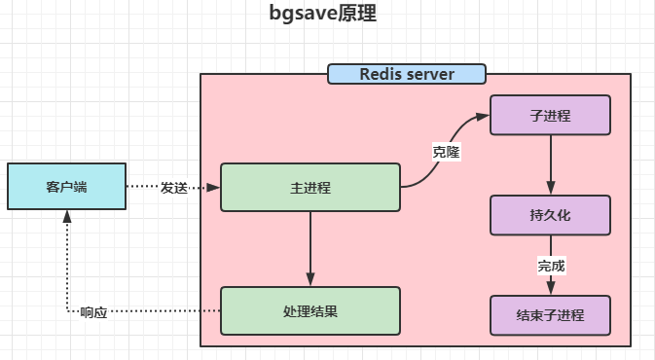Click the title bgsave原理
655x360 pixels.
pyautogui.click(x=322, y=15)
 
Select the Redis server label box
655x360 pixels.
pyautogui.click(x=406, y=74)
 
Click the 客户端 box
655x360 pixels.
pyautogui.click(x=66, y=187)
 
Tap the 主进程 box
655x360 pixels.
pyautogui.click(x=310, y=188)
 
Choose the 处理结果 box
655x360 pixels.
pyautogui.click(x=310, y=310)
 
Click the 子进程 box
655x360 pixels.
pyautogui.click(x=550, y=115)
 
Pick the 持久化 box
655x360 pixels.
pyautogui.click(x=550, y=216)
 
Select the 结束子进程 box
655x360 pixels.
pyautogui.click(x=550, y=316)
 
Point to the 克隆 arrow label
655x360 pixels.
pyautogui.click(x=446, y=152)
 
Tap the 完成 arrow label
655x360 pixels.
pyautogui.click(x=551, y=266)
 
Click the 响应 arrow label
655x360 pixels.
pyautogui.click(x=94, y=312)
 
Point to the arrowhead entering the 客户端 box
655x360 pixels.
pyautogui.click(x=66, y=216)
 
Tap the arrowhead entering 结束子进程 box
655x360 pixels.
pyautogui.click(x=551, y=290)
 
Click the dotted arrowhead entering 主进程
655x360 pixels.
pyautogui.click(x=215, y=187)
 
